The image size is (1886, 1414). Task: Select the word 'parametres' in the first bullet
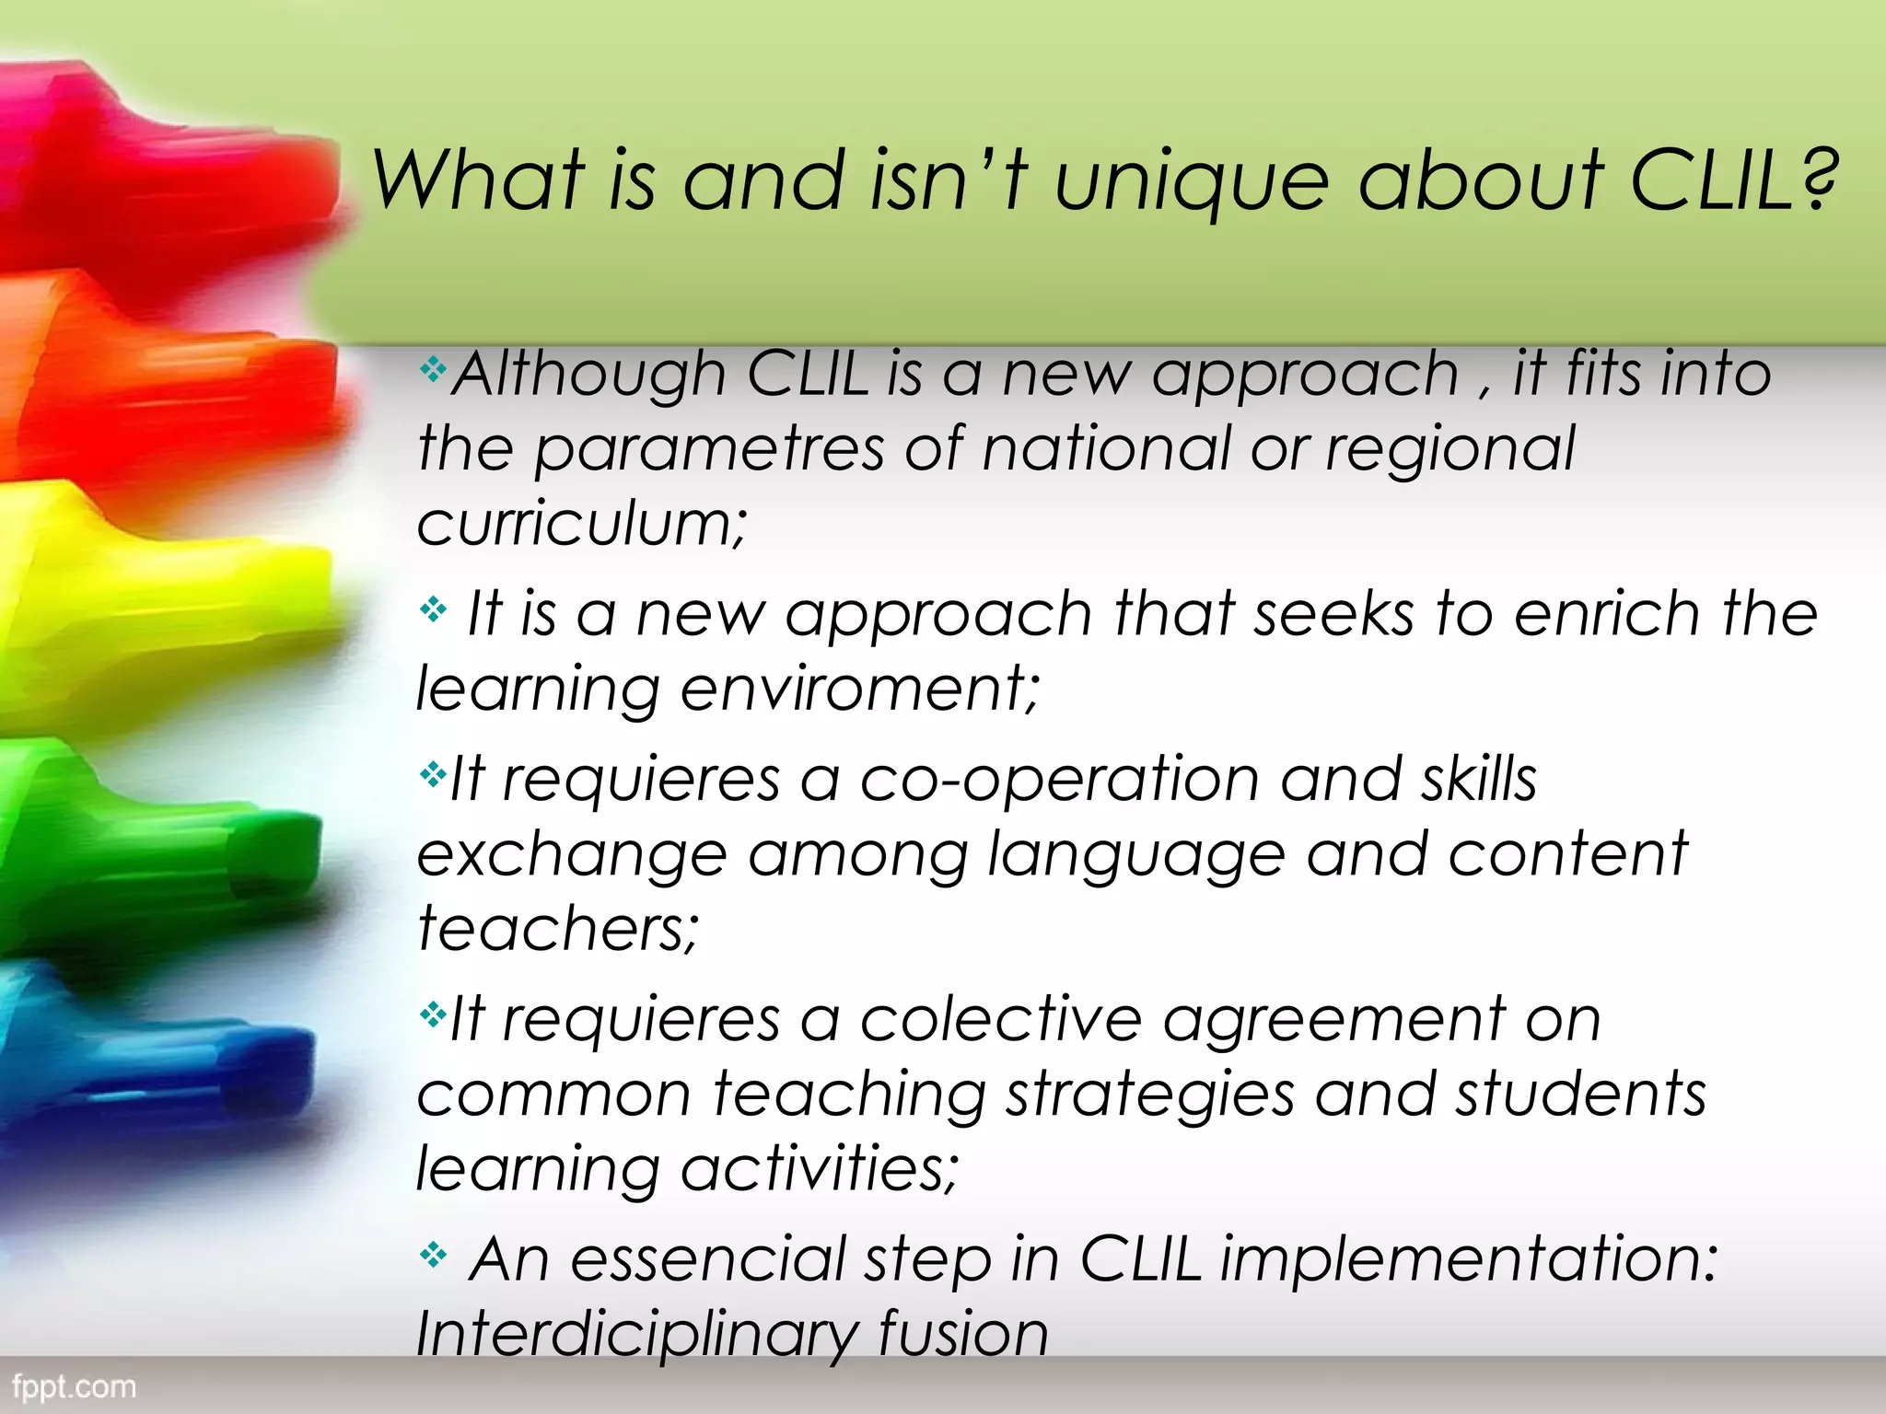tap(708, 451)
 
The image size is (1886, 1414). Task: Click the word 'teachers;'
tap(558, 928)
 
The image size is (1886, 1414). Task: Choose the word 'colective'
tap(1000, 1020)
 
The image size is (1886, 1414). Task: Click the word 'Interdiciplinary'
tap(635, 1335)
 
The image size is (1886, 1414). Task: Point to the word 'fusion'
tap(963, 1335)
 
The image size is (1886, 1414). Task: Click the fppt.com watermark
tap(74, 1386)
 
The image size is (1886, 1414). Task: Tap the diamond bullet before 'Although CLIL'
tap(433, 370)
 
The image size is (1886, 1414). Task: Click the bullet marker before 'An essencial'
tap(433, 1254)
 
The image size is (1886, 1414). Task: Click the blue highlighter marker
tap(157, 1059)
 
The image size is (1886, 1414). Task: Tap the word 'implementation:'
tap(1468, 1259)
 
